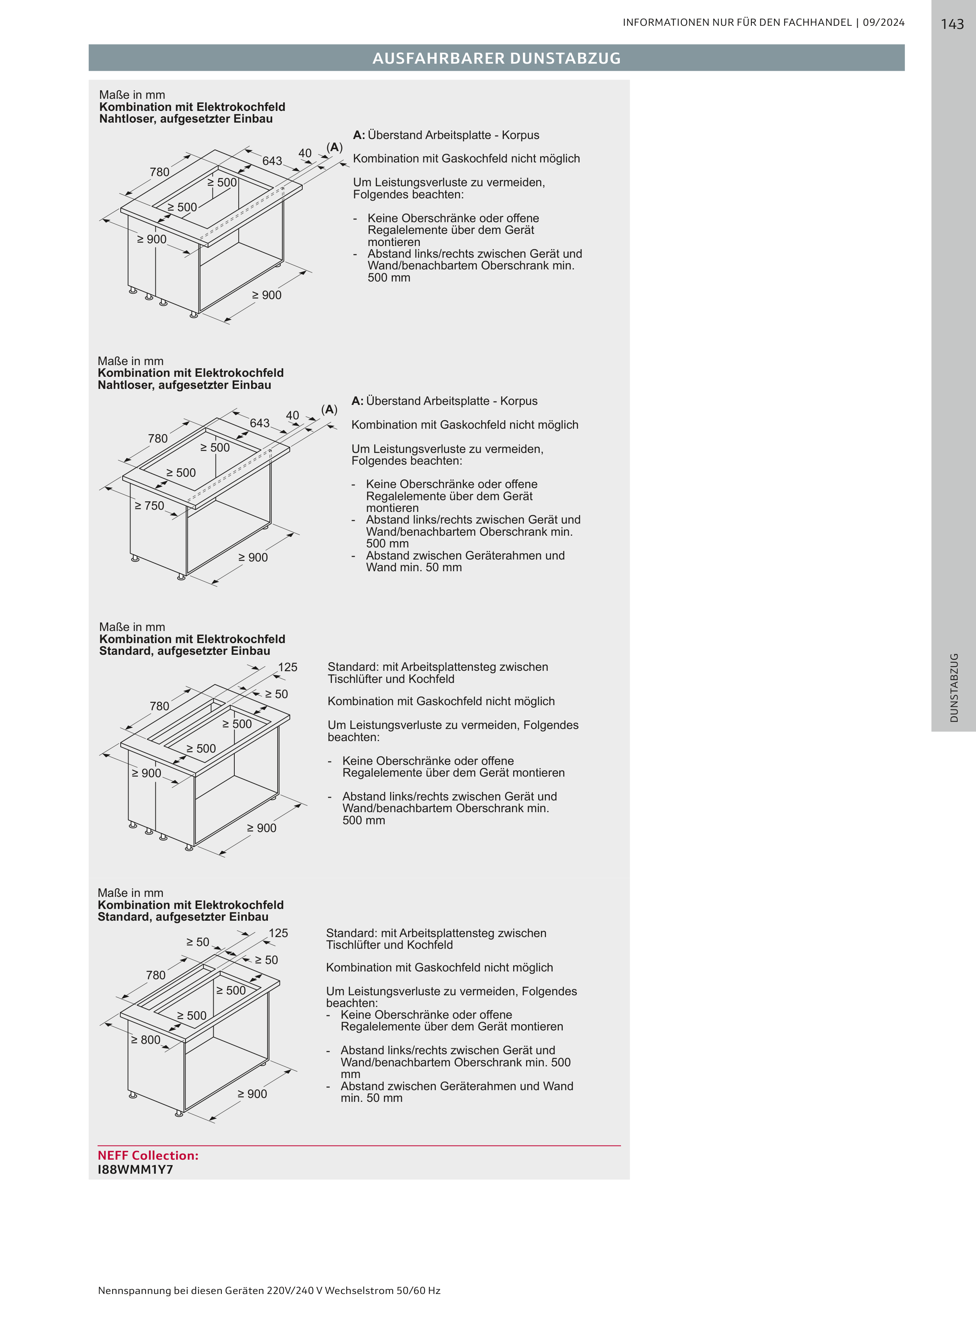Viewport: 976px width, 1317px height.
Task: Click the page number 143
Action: point(952,24)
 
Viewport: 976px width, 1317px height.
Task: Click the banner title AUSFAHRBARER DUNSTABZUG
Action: point(496,58)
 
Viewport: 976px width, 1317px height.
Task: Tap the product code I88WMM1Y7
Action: point(135,1169)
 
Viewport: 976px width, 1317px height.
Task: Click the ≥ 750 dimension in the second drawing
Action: point(149,506)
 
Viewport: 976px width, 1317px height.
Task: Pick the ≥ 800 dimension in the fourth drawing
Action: point(145,1039)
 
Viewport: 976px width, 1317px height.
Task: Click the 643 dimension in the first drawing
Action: point(272,160)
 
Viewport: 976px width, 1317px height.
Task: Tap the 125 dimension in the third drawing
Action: point(288,667)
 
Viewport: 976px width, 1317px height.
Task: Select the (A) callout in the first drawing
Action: point(334,147)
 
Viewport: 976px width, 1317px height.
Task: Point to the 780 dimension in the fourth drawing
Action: point(156,975)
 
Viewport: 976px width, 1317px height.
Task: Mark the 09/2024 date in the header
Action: point(883,22)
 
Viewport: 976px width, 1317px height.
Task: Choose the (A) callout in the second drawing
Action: point(329,409)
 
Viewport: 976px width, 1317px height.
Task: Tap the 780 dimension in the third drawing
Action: point(159,706)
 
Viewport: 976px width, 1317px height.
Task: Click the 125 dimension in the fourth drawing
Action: point(278,933)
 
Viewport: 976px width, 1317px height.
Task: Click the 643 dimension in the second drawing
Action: point(259,423)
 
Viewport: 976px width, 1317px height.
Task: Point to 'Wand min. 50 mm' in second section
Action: point(414,567)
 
